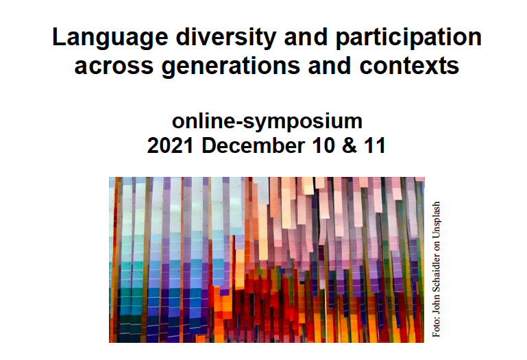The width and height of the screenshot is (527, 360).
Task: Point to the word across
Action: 114,67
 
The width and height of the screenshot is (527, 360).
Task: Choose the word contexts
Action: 409,67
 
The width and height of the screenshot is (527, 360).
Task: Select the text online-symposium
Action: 267,122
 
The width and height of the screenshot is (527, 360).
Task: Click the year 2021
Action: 171,145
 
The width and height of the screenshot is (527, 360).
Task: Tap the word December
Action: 254,145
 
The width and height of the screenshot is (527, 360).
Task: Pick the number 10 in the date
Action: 323,145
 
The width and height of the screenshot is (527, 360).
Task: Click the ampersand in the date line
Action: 350,145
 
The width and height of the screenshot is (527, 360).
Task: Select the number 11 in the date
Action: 374,145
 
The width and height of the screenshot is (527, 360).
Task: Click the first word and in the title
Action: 306,37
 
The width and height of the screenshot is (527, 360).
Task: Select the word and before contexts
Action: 330,65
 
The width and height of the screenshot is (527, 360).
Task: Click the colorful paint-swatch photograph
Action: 267,260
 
